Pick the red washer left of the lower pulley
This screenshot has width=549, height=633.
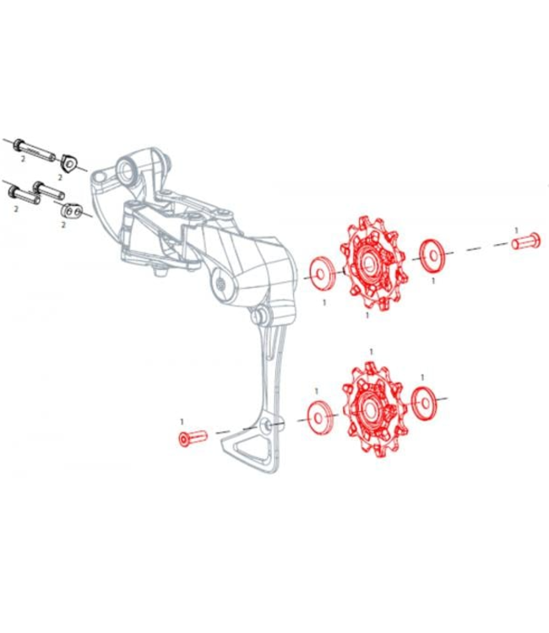tap(317, 416)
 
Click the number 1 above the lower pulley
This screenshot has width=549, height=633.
tap(370, 350)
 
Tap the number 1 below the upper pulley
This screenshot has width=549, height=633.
tap(367, 314)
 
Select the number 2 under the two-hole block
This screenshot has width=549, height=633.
tap(63, 225)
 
